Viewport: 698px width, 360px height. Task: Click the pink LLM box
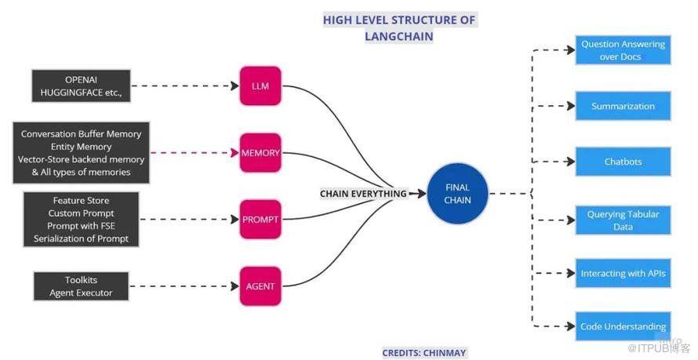[260, 86]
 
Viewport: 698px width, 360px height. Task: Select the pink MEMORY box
[260, 153]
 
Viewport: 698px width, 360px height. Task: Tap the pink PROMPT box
[260, 220]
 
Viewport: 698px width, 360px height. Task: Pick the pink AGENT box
[260, 286]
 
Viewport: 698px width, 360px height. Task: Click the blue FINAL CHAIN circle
[458, 193]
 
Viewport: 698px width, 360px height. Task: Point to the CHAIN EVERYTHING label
[363, 194]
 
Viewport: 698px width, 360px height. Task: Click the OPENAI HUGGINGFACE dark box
[82, 86]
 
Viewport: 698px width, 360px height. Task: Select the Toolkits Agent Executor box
[82, 286]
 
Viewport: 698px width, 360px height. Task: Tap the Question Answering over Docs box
[622, 50]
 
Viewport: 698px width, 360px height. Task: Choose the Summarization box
[622, 106]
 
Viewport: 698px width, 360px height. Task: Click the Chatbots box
[622, 162]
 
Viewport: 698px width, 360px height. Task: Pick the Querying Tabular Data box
[622, 220]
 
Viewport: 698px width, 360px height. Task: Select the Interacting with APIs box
[622, 274]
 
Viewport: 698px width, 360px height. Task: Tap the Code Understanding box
[622, 326]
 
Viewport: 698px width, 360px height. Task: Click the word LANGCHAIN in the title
[398, 36]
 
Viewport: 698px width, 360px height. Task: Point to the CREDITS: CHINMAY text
[424, 353]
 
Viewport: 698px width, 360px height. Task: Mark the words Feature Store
[81, 201]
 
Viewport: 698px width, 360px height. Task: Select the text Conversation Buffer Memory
[81, 134]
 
